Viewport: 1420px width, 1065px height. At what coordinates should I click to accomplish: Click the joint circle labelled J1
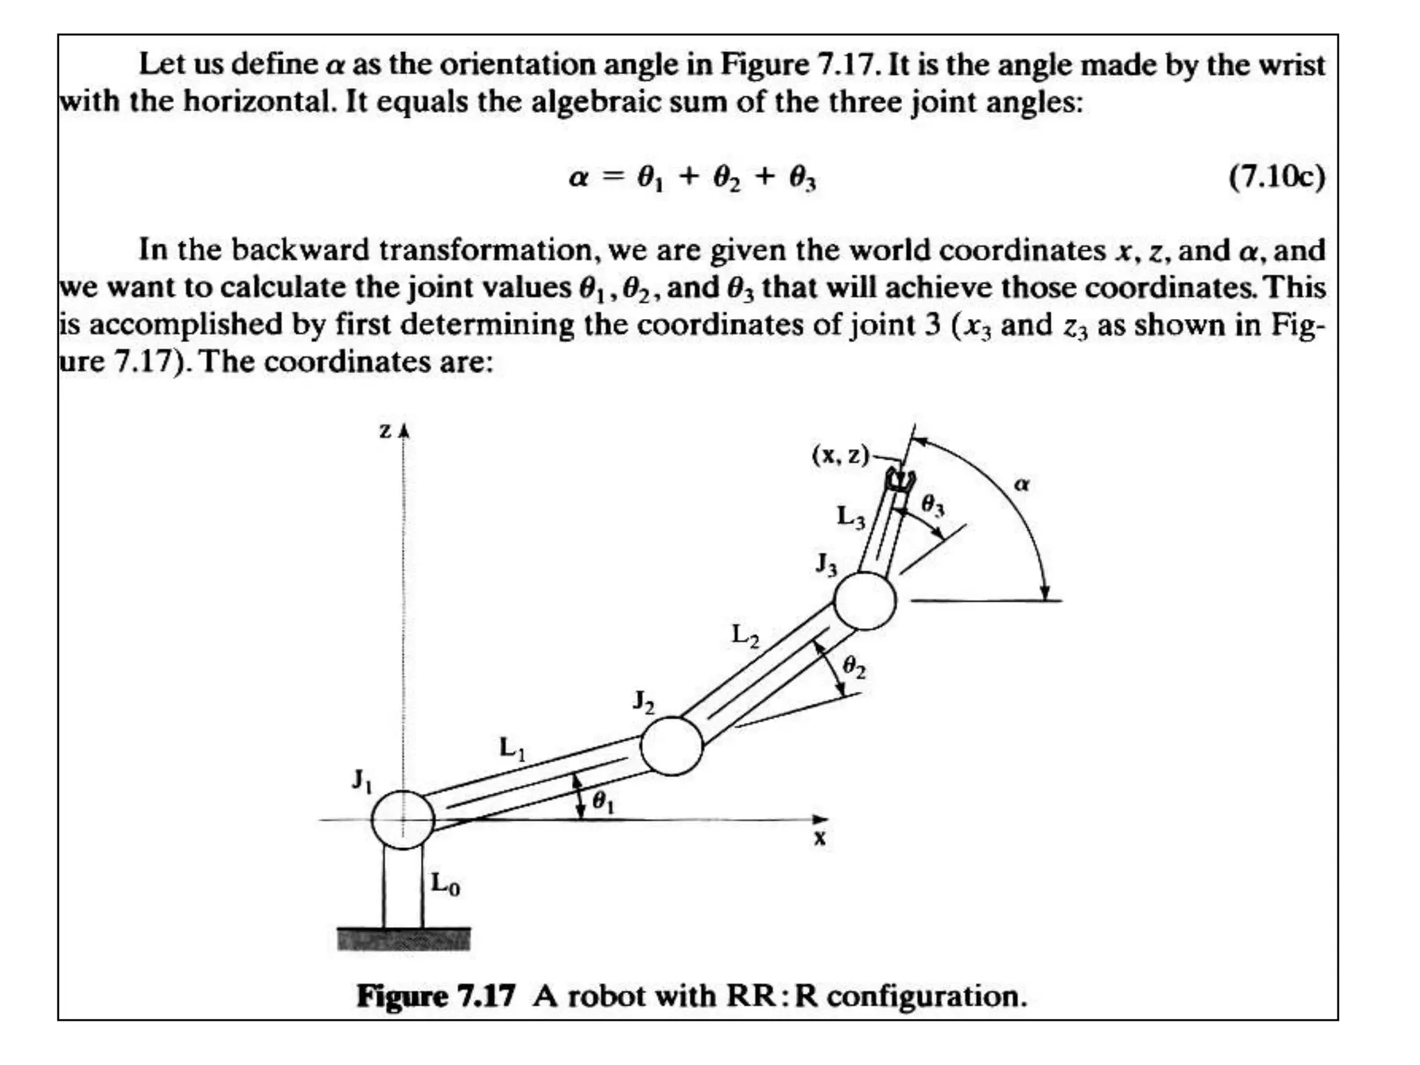tap(403, 820)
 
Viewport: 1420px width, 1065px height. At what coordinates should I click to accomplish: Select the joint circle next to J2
tap(671, 745)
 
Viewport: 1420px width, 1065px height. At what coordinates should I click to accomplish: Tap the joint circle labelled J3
tap(864, 600)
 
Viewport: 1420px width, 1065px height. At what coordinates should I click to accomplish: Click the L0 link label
tap(445, 884)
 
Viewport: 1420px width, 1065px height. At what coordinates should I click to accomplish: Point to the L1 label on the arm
tap(512, 748)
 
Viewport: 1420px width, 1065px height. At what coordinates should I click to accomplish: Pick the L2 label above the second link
tap(745, 635)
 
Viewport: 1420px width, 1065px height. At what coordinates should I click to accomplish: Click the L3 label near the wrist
tap(851, 517)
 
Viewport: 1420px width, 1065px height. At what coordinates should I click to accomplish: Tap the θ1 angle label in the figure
tap(603, 802)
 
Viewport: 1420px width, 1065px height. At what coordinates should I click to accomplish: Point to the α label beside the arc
tap(1021, 483)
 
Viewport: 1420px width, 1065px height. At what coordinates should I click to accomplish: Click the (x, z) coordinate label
tap(840, 455)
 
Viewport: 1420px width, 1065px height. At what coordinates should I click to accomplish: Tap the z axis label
tap(386, 431)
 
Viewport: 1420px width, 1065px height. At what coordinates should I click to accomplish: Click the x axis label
tap(820, 839)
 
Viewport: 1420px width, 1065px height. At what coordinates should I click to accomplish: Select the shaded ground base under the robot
tap(404, 939)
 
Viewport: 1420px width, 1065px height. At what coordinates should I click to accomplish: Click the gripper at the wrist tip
tap(901, 480)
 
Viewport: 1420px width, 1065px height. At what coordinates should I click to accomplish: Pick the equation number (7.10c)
tap(1276, 177)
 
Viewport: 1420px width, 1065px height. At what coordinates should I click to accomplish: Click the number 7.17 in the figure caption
tap(486, 996)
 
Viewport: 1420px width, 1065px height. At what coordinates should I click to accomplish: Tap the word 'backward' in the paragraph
tap(300, 250)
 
